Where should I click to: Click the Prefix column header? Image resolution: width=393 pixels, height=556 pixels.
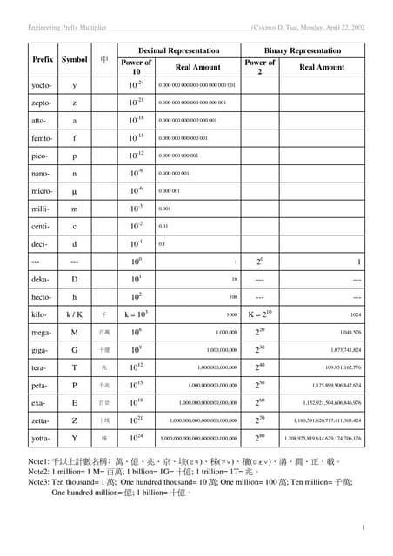pos(43,60)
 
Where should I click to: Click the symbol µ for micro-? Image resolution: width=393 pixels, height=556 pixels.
pos(74,189)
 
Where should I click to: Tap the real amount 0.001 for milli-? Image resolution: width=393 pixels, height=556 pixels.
pos(163,209)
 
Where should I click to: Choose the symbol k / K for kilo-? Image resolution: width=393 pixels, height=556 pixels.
pos(74,314)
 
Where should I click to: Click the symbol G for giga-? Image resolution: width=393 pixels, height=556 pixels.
pos(74,349)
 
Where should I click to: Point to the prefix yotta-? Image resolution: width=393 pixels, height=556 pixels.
pos(41,439)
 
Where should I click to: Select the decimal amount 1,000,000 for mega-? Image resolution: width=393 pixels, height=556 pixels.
pos(222,332)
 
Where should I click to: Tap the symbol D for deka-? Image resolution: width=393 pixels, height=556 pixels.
pos(74,279)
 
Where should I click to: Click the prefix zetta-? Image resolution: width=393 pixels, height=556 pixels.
pos(41,420)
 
